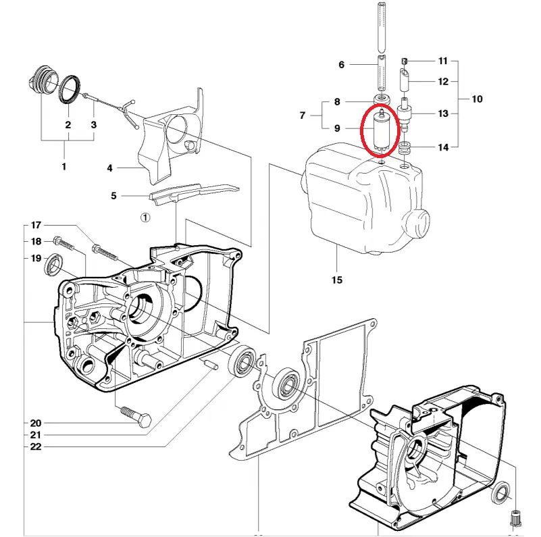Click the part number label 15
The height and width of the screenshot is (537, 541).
point(337,280)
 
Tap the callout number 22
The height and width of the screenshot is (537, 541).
point(36,447)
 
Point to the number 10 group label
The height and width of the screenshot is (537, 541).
point(477,99)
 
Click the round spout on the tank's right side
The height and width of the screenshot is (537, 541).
point(418,223)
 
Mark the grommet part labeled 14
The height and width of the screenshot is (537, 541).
point(405,148)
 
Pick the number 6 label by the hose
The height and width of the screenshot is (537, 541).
point(342,65)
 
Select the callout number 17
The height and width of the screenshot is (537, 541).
point(36,225)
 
